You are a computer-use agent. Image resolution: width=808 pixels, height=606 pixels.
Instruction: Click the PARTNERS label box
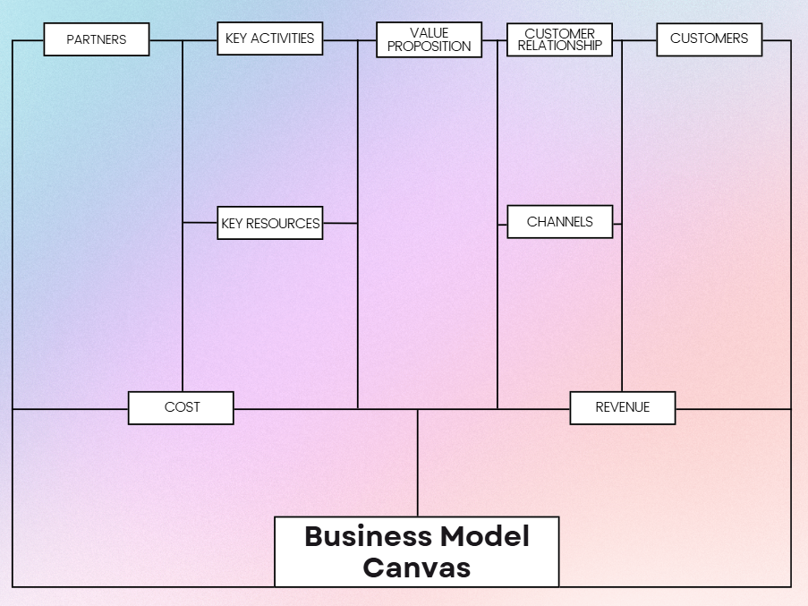(97, 39)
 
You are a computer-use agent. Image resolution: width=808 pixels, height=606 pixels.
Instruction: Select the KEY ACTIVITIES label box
(269, 39)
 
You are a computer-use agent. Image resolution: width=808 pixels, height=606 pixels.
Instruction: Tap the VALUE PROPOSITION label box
(429, 40)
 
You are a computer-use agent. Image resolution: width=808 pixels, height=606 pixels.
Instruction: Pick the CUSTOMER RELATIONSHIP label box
(559, 40)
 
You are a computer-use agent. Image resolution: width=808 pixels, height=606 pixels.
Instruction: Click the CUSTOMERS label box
(709, 39)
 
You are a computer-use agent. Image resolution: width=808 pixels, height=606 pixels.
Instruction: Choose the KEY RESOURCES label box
(269, 224)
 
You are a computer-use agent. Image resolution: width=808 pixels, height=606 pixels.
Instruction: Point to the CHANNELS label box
(559, 222)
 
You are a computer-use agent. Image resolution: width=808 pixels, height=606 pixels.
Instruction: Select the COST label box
(181, 407)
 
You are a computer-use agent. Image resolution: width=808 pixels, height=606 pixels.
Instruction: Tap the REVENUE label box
(622, 407)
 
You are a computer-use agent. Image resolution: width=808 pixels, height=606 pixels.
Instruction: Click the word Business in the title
(368, 536)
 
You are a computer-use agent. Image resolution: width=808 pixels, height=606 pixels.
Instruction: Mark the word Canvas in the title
(416, 567)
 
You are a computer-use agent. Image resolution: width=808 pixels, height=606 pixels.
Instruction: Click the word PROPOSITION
(429, 47)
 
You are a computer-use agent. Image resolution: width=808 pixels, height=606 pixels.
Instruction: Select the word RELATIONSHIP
(559, 46)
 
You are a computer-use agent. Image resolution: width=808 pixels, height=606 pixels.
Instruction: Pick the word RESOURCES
(283, 224)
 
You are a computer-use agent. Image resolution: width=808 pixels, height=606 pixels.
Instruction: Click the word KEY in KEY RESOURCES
(232, 224)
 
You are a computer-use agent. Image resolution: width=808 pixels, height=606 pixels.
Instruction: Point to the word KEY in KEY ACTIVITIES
(236, 38)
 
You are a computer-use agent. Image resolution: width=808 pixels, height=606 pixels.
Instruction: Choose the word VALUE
(429, 33)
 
